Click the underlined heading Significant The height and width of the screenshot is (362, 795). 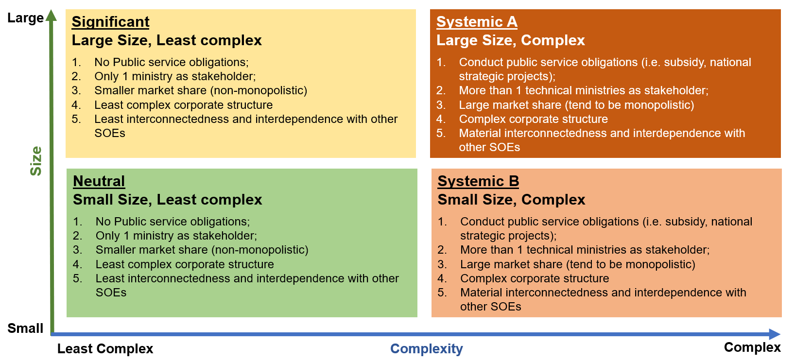pos(110,22)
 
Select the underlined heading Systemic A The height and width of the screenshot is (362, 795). pos(477,22)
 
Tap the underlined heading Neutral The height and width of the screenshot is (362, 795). pos(99,181)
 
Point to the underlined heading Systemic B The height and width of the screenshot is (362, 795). pos(478,181)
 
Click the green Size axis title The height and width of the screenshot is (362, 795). pos(36,161)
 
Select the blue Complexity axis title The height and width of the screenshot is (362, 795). pos(426,349)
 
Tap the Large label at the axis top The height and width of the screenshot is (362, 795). pos(26,18)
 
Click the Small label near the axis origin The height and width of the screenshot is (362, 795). pos(25,328)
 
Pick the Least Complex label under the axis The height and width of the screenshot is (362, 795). pos(105,348)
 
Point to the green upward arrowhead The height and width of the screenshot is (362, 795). pos(52,15)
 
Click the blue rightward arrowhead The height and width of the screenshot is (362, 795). pos(775,334)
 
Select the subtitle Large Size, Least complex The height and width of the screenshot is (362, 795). pos(167,40)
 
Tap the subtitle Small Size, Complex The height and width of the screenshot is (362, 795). pos(511,199)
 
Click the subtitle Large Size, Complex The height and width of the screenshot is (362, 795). pos(510,40)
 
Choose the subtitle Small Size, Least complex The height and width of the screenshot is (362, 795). pos(167,199)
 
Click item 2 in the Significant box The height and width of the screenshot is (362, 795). pos(164,76)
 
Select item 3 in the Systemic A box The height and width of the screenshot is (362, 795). pos(565,105)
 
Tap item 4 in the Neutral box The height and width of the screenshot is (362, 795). pos(173,264)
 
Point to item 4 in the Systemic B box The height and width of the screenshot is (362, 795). pos(523,278)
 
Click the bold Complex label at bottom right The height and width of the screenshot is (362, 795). pos(752,347)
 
